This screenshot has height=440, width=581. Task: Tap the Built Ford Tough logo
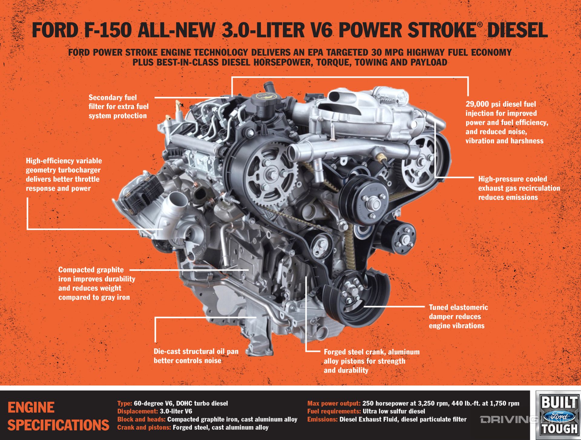tap(559, 415)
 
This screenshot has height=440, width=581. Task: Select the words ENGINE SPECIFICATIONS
tap(57, 416)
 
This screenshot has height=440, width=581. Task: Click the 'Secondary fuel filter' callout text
tap(118, 106)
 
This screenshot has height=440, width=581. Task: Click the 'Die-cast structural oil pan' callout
tap(196, 356)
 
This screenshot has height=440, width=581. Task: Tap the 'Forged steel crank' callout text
tap(371, 361)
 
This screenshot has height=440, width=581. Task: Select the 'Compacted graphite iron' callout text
tap(97, 283)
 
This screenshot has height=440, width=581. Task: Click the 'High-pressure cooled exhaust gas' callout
tap(519, 188)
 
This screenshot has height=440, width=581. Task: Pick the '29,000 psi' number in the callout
tap(477, 104)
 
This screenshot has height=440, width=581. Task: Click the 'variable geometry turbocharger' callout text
tap(64, 174)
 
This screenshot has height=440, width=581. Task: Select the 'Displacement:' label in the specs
tap(137, 411)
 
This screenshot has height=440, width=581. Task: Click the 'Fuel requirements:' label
tap(334, 411)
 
